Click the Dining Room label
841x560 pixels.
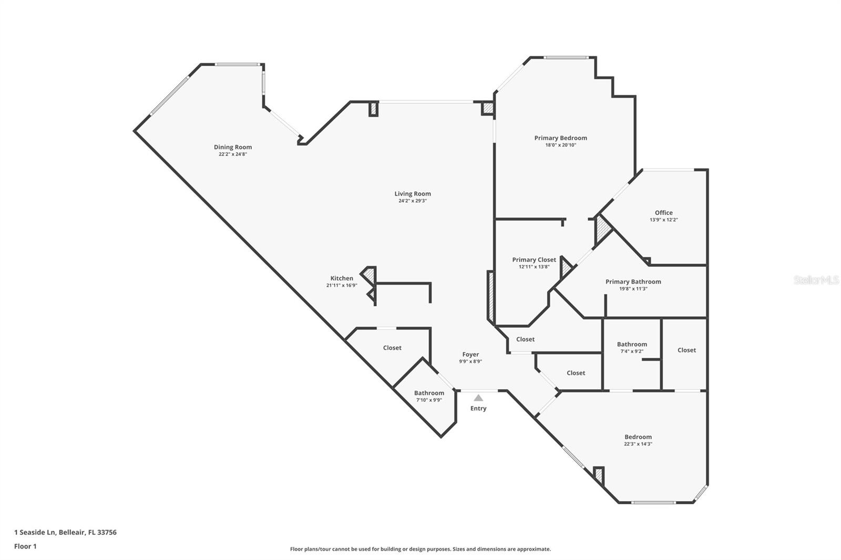point(233,147)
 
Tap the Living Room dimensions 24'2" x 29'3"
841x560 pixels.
point(413,201)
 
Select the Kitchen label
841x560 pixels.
point(342,278)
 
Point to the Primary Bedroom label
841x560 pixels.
point(560,138)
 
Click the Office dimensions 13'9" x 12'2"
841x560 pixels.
point(664,220)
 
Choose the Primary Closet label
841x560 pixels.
point(534,260)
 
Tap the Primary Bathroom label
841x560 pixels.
point(633,282)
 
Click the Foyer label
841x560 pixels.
point(470,354)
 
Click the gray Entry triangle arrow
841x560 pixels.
point(478,398)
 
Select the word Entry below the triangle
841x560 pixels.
point(478,408)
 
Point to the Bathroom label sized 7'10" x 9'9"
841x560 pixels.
point(429,393)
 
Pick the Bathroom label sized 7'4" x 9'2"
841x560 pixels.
point(632,344)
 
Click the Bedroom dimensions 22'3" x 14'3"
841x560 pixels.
point(638,444)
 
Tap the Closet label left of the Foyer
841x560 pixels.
point(392,348)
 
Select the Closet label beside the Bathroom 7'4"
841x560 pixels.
point(686,350)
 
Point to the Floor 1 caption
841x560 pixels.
point(25,546)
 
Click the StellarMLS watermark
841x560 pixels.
point(817,279)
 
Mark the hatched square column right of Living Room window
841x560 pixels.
point(488,108)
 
